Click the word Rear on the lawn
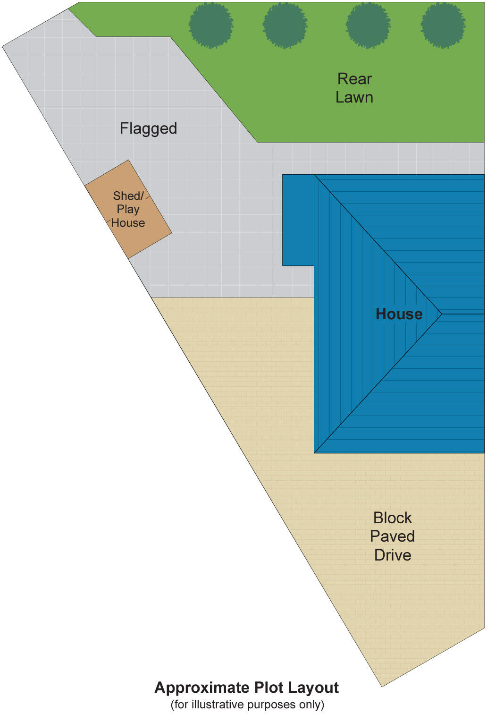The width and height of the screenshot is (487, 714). [354, 79]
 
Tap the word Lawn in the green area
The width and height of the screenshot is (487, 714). [354, 97]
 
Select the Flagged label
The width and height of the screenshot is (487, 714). [148, 128]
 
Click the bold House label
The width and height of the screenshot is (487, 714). [399, 314]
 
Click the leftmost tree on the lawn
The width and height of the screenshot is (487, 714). [211, 25]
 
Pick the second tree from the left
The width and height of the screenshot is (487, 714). [285, 25]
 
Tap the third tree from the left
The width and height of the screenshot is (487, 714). [368, 25]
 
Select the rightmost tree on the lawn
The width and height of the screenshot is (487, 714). [443, 25]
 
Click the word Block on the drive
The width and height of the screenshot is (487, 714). [392, 518]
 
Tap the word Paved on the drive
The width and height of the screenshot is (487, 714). [392, 536]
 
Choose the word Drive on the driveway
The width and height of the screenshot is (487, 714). [392, 555]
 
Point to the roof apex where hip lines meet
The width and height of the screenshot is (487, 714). [441, 314]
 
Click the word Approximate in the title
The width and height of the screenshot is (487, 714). [202, 688]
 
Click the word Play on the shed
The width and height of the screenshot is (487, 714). [128, 209]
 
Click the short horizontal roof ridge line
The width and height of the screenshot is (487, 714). [462, 314]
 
